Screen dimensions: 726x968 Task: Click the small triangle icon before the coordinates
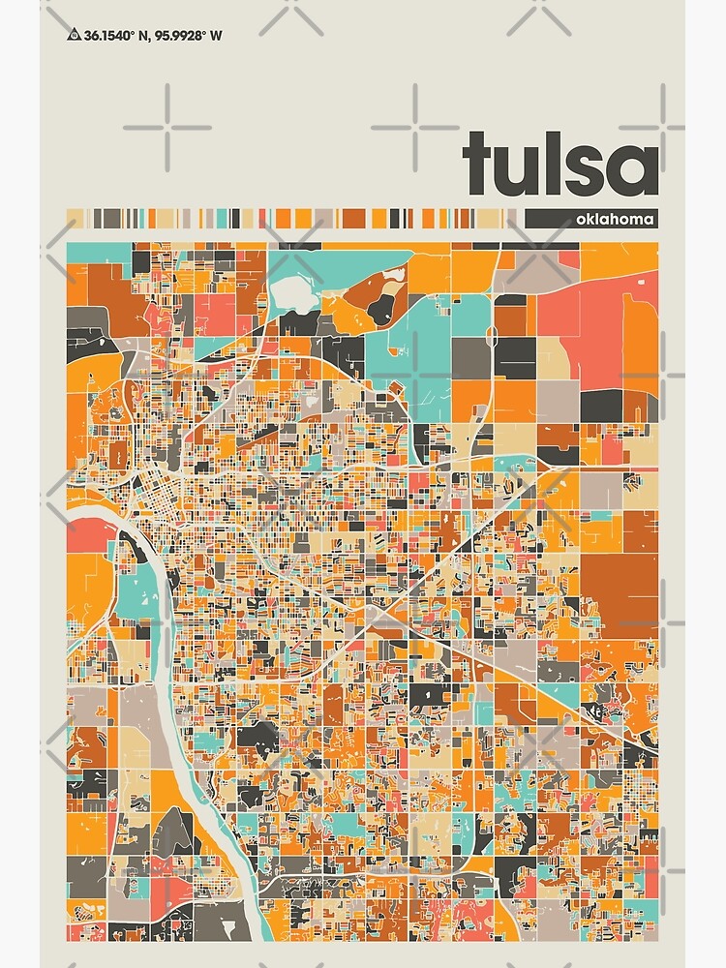point(74,36)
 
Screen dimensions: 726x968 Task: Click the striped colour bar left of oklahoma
point(290,219)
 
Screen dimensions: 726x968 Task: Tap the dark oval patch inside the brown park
point(381,307)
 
